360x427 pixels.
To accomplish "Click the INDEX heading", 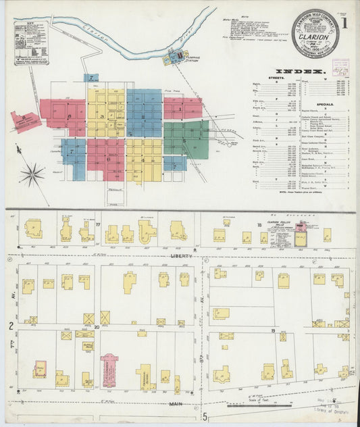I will click(x=301, y=70).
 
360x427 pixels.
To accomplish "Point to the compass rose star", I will click(x=31, y=176).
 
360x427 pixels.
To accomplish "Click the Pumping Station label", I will click(x=189, y=58).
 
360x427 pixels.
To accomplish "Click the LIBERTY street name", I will click(x=180, y=256).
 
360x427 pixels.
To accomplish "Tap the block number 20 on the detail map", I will click(x=97, y=326).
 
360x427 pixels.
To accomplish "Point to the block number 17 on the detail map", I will click(x=97, y=224).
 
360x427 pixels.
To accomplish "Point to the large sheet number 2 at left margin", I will click(x=11, y=326).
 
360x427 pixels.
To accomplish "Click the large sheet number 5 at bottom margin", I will click(x=205, y=416).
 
